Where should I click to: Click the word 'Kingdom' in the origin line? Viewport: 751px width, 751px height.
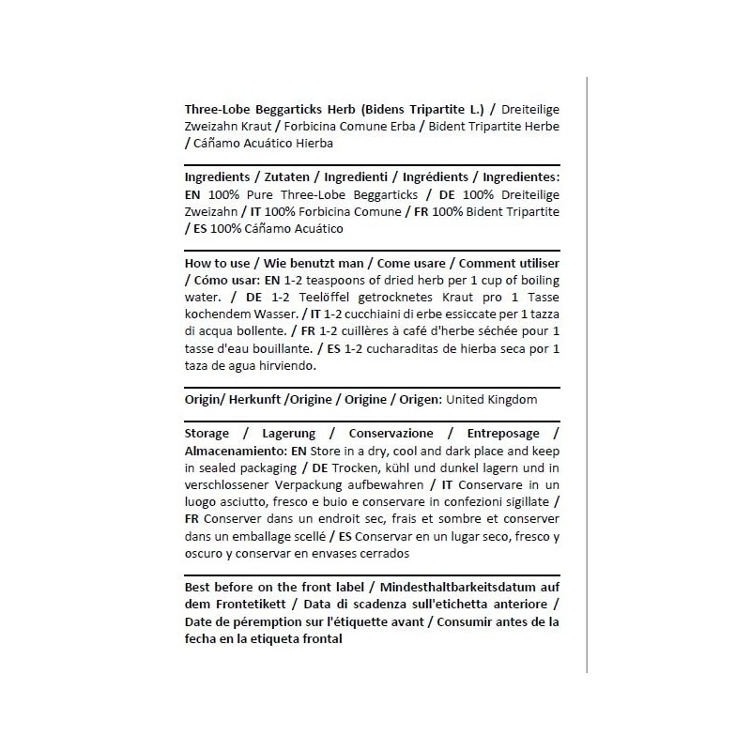(513, 399)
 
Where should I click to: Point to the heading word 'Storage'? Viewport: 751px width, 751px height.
(206, 434)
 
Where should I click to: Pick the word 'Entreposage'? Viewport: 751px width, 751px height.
(502, 434)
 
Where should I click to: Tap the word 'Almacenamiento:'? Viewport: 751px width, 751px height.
(235, 451)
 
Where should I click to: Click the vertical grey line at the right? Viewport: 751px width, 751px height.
(587, 375)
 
